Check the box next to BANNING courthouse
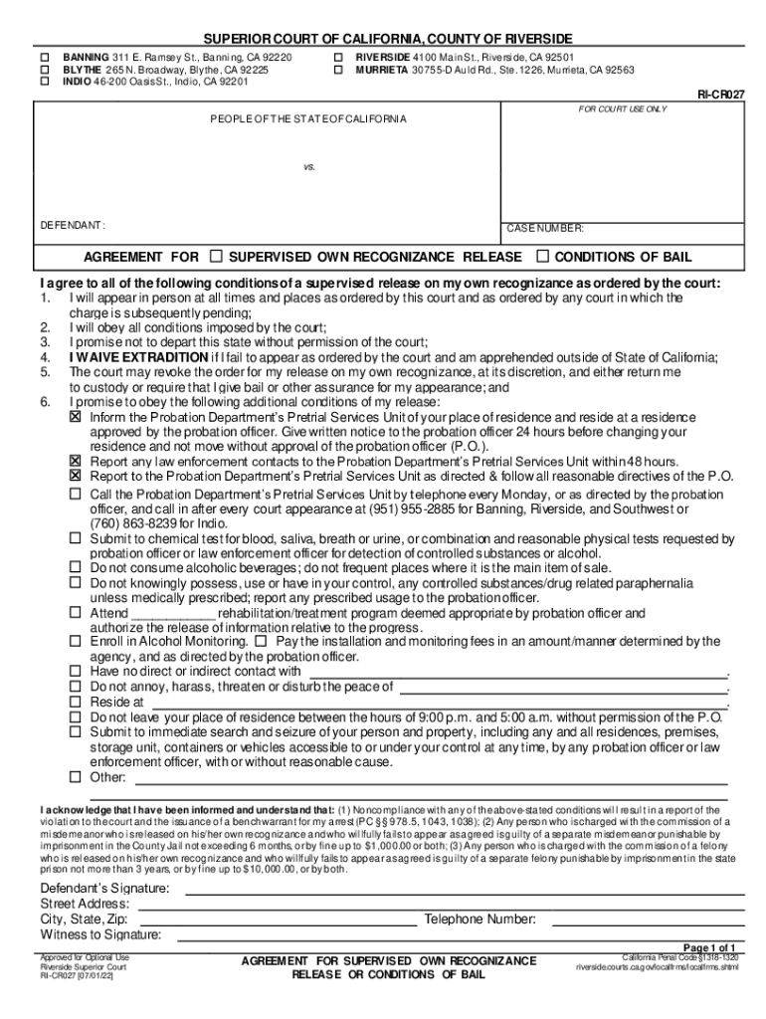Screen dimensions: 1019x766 tap(44, 59)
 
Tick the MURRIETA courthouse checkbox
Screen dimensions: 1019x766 tap(338, 71)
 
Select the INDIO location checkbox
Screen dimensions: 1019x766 tap(44, 83)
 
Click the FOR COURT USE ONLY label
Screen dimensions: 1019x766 tap(622, 108)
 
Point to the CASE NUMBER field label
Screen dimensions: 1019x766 tap(545, 229)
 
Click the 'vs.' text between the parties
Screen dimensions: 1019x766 tap(309, 166)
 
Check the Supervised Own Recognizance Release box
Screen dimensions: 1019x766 tap(218, 257)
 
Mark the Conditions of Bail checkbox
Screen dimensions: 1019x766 tap(543, 257)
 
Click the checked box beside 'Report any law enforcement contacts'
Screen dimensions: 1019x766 tap(75, 462)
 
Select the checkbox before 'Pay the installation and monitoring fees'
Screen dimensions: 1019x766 tap(261, 642)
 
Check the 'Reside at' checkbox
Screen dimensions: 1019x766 tap(75, 702)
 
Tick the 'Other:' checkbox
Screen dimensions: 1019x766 tap(75, 776)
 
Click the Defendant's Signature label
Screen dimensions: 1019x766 tap(104, 888)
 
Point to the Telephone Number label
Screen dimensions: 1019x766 tap(480, 919)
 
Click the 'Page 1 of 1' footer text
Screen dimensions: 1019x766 tap(709, 946)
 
